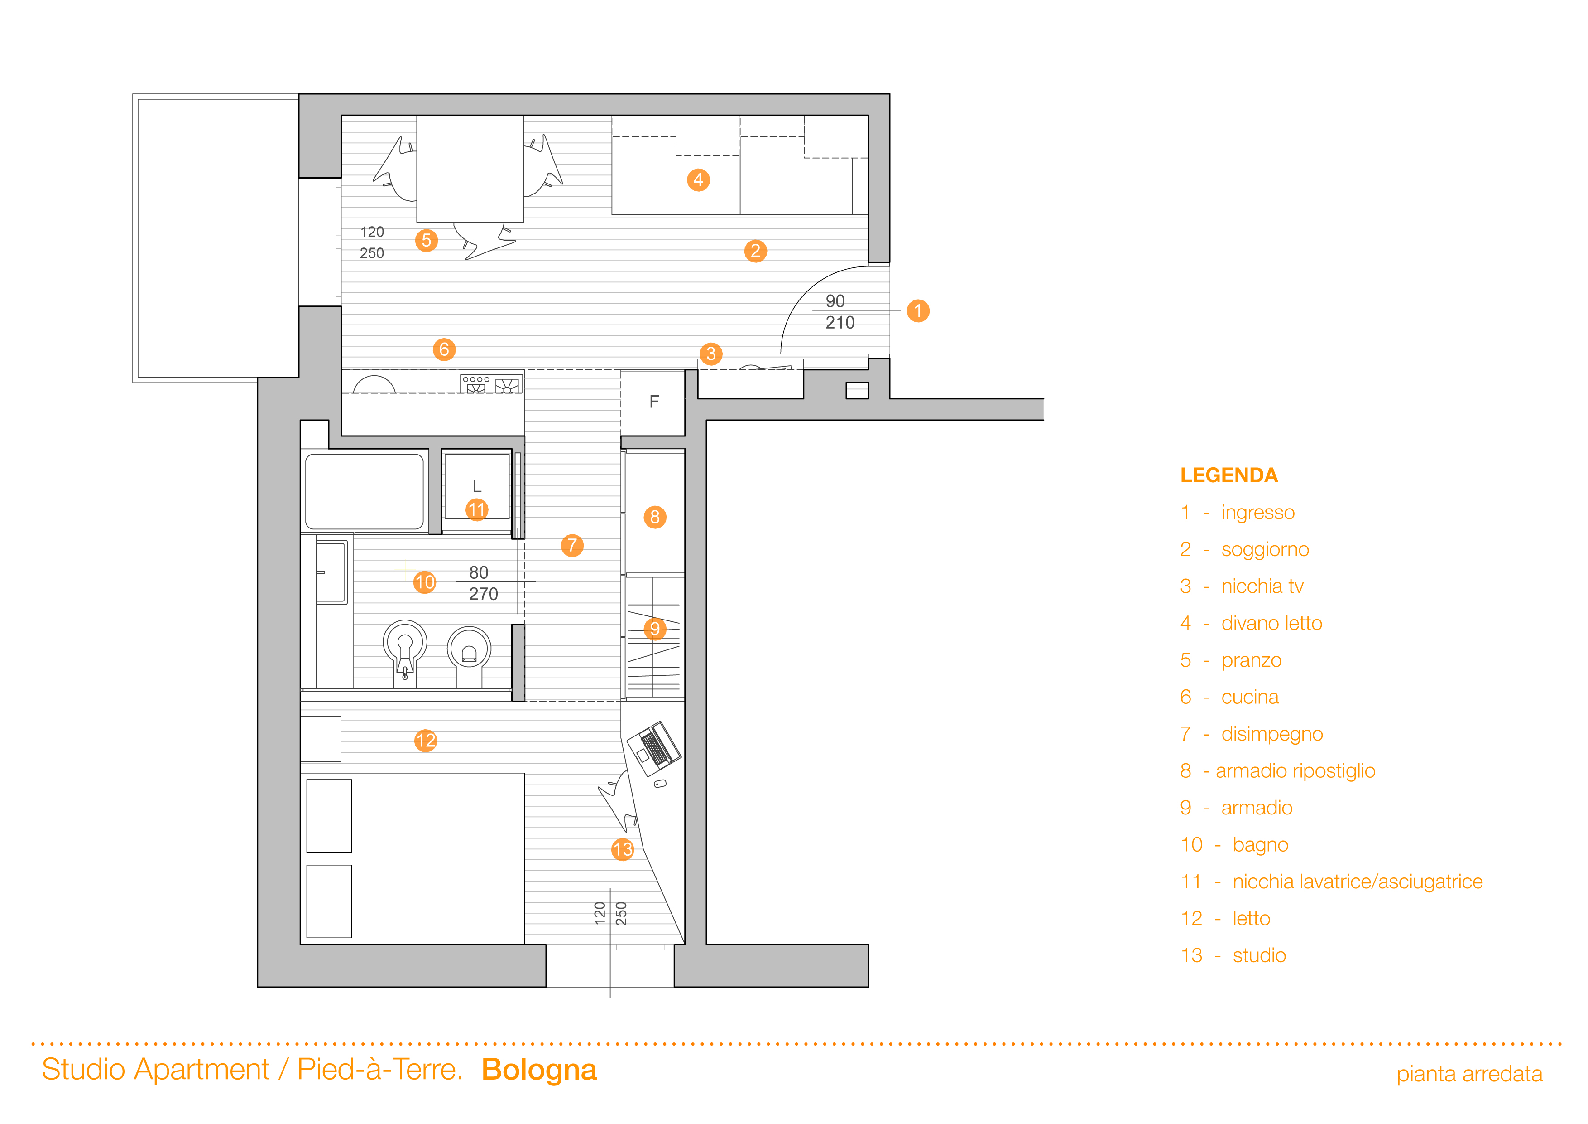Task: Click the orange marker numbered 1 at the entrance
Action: [x=918, y=311]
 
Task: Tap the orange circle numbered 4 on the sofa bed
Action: [x=698, y=180]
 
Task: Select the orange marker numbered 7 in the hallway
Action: [x=572, y=545]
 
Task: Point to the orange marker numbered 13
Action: [x=623, y=849]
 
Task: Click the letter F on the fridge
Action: [x=653, y=402]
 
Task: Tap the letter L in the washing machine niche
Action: [x=476, y=486]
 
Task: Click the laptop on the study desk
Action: [x=653, y=747]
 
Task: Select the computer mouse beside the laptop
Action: [x=661, y=784]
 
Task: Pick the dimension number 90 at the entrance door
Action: [x=835, y=301]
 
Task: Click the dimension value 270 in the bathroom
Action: [x=484, y=594]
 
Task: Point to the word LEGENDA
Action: [x=1228, y=475]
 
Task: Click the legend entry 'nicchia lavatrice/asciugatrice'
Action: [x=1357, y=882]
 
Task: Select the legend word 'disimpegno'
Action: [x=1272, y=734]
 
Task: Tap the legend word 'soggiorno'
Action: [x=1265, y=550]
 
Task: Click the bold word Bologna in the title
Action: [x=539, y=1070]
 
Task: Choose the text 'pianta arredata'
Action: [x=1469, y=1074]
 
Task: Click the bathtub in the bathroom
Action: [x=365, y=491]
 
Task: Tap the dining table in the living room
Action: [x=470, y=168]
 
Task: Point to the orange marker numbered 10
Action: [x=425, y=582]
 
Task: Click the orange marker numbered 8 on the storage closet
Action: [x=654, y=517]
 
